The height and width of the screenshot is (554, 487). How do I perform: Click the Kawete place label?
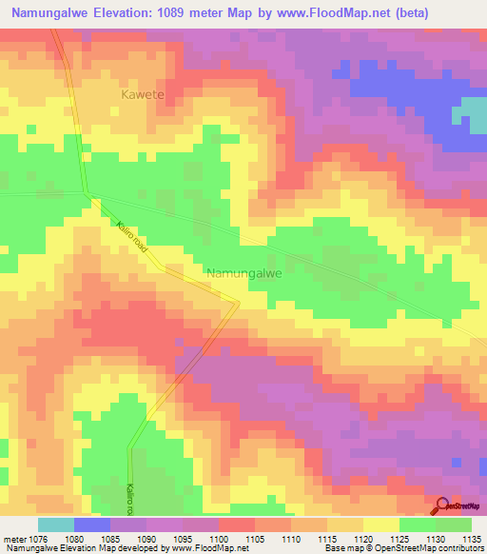point(142,95)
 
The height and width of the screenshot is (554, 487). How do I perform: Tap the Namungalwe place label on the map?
point(244,273)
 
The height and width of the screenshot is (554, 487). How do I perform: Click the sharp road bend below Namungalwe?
point(238,302)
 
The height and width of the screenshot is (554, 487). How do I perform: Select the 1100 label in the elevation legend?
point(218,538)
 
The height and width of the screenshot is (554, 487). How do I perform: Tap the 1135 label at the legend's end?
point(470,538)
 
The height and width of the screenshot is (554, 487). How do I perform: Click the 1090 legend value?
point(146,538)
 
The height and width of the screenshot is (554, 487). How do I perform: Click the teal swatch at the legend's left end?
point(56,524)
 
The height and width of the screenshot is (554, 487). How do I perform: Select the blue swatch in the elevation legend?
point(92,524)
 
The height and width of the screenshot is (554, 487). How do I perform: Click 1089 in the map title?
point(190,13)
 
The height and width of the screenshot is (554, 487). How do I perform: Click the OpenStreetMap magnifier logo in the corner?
point(443,505)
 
